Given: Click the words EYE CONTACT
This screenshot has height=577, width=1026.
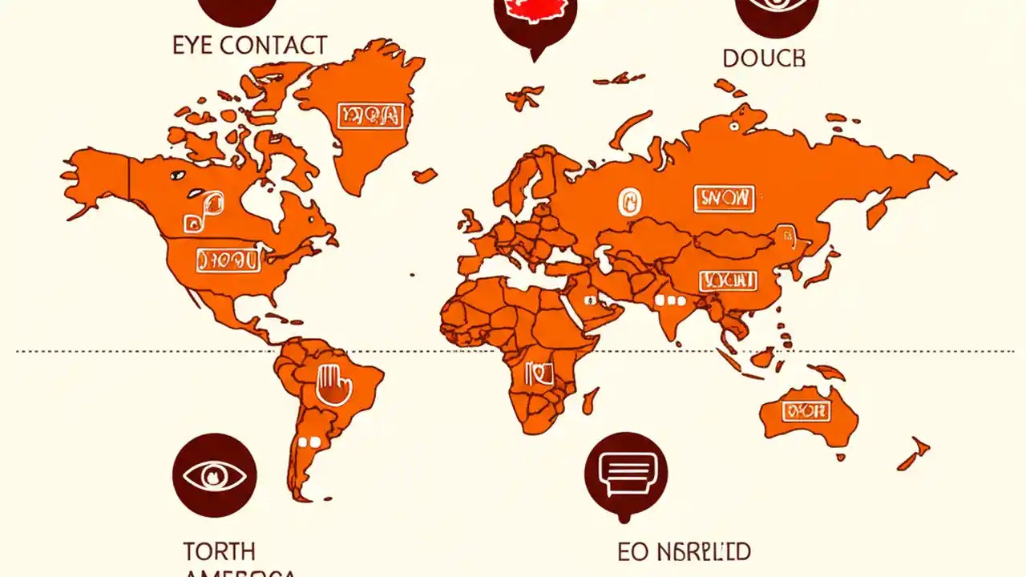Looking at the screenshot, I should (249, 45).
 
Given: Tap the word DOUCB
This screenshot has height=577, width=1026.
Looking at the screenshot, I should (764, 58).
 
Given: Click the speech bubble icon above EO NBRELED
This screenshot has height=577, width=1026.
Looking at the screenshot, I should (626, 475).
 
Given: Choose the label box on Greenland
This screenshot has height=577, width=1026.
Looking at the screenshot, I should (369, 116).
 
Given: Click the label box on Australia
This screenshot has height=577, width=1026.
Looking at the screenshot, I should (806, 412).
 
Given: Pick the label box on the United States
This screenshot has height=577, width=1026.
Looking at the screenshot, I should (228, 259).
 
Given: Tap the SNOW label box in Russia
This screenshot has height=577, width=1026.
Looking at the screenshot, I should (724, 197).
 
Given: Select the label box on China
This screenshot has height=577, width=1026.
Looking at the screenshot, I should (728, 280).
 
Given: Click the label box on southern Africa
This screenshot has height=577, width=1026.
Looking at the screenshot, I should (539, 372).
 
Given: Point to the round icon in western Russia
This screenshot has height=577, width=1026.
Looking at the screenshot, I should (625, 201).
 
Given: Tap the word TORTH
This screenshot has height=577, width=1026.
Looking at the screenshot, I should (219, 551).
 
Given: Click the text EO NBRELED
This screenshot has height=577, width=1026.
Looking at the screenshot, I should (684, 551).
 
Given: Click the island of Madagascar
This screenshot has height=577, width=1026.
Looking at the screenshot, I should (590, 398).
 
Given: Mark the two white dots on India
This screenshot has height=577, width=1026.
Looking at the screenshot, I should (671, 301).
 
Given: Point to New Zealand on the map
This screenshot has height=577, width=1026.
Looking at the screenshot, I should (914, 454).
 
